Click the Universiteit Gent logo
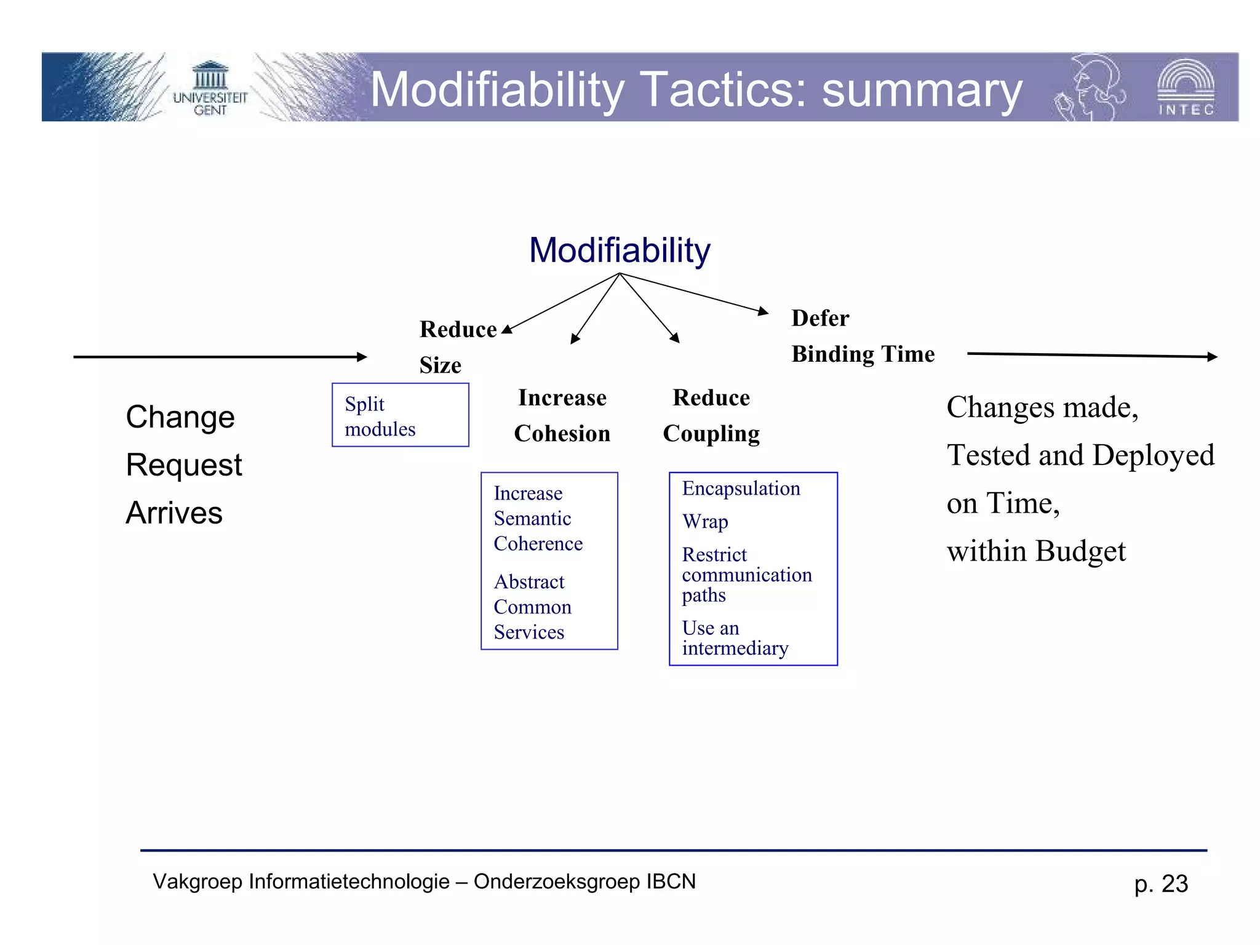click(x=210, y=89)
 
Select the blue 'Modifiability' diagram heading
click(x=620, y=250)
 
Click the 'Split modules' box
click(x=400, y=415)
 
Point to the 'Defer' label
click(x=820, y=318)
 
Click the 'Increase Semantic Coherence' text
click(x=537, y=519)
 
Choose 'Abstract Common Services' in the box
click(x=532, y=607)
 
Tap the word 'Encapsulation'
click(x=741, y=488)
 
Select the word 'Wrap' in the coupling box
click(x=705, y=522)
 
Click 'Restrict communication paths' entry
click(x=746, y=575)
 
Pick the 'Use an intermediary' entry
click(x=735, y=638)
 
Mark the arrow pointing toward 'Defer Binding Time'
click(x=695, y=293)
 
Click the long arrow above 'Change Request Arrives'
click(x=220, y=357)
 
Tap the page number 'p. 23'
click(x=1161, y=884)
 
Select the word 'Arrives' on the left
click(x=174, y=513)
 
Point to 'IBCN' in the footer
click(x=671, y=882)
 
